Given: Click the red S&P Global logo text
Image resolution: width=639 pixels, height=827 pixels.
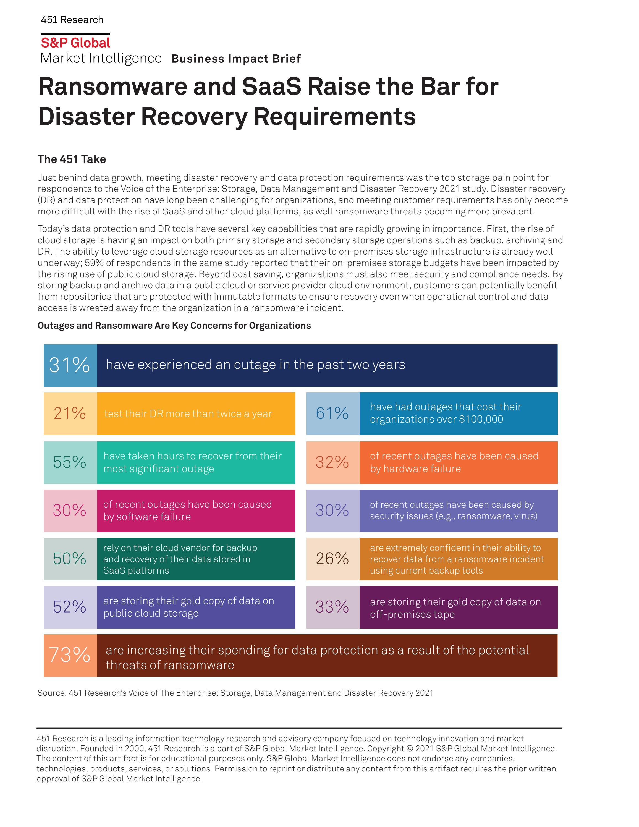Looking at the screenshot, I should click(75, 43).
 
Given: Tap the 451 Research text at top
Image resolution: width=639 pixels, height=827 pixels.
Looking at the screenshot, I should click(72, 20).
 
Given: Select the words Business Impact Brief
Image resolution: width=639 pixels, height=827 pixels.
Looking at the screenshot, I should click(236, 59).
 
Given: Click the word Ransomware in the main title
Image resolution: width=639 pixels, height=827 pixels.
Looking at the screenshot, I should click(112, 87).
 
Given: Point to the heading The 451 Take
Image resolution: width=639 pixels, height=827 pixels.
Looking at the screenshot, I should click(72, 159).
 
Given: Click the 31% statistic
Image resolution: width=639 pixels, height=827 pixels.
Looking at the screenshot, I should click(70, 365).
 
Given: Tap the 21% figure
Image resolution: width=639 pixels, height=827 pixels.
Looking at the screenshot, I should click(70, 414).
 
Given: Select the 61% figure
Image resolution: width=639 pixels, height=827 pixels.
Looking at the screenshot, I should click(332, 414).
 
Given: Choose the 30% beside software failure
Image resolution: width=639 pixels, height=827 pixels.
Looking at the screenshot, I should click(70, 511).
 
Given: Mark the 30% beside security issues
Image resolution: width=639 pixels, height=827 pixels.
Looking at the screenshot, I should click(332, 511).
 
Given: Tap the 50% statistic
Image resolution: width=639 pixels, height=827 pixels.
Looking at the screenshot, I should click(70, 559).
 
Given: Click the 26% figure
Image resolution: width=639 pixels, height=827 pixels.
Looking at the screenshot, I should click(332, 559).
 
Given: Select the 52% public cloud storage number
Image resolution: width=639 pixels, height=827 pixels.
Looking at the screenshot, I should click(70, 607).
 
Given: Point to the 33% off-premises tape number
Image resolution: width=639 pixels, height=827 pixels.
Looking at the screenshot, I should click(332, 607).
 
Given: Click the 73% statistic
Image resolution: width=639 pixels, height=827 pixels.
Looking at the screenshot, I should click(70, 655).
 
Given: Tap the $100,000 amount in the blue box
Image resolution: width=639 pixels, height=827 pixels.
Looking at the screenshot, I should click(481, 419).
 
